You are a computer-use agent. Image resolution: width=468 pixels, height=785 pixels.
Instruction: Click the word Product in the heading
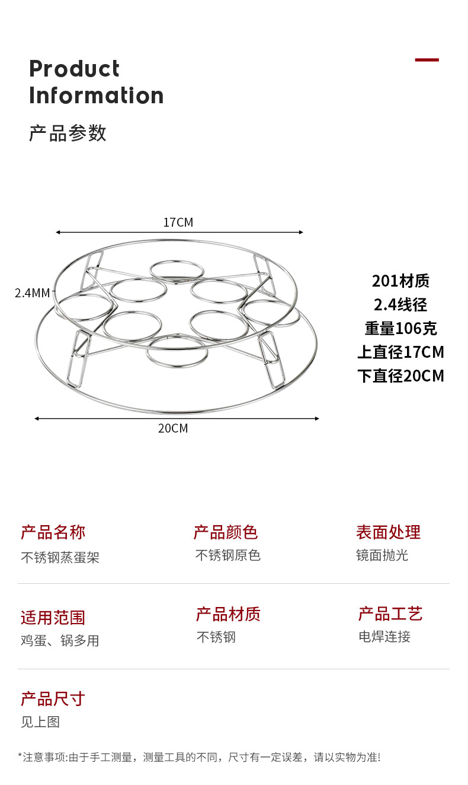(x=74, y=69)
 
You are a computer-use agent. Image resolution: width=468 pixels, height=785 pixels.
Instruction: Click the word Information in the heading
(x=96, y=96)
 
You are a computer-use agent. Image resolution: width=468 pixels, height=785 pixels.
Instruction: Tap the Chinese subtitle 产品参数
(x=68, y=133)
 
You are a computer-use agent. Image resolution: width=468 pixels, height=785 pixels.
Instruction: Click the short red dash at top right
(x=427, y=60)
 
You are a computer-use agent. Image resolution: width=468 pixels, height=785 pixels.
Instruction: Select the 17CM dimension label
(x=178, y=223)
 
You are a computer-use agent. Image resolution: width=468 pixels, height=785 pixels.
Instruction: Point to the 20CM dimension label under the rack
(x=173, y=428)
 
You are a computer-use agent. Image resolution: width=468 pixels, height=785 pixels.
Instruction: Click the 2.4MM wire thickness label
(x=33, y=293)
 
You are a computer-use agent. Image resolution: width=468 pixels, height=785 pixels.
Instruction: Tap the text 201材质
(x=400, y=281)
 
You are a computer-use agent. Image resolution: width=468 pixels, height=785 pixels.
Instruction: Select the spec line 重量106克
(x=400, y=328)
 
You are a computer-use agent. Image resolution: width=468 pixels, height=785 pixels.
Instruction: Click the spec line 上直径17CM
(x=400, y=352)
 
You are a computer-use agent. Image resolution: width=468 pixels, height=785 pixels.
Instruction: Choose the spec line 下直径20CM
(x=400, y=376)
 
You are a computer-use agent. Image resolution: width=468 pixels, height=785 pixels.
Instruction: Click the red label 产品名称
(x=53, y=532)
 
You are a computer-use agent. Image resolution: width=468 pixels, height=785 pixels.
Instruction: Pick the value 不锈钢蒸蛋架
(x=60, y=557)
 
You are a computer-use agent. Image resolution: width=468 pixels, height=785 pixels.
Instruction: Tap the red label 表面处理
(x=388, y=532)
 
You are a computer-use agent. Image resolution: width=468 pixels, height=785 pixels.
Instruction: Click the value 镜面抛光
(x=382, y=555)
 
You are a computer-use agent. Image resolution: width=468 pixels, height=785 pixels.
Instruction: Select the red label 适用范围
(x=53, y=618)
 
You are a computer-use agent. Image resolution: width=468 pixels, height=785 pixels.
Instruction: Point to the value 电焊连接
(x=384, y=637)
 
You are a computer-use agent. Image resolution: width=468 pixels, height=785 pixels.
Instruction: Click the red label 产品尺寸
(x=53, y=699)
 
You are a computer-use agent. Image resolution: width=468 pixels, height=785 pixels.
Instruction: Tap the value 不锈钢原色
(x=228, y=555)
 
